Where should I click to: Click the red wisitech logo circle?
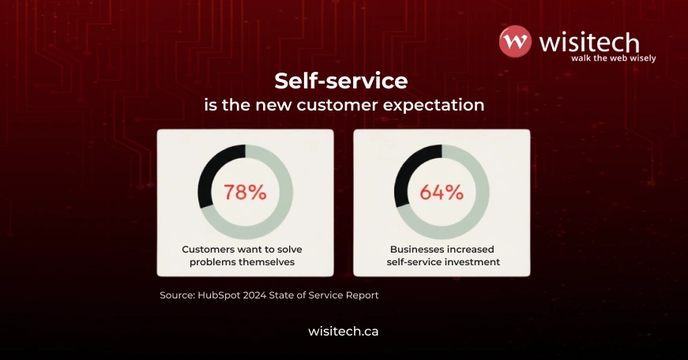click(x=515, y=42)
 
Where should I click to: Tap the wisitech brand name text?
click(x=588, y=41)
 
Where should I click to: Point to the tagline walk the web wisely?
click(x=613, y=58)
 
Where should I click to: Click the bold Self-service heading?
click(x=340, y=81)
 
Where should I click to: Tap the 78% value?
click(x=245, y=192)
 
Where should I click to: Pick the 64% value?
click(x=441, y=192)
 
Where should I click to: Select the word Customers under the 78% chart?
click(x=209, y=249)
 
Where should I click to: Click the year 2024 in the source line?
click(x=258, y=295)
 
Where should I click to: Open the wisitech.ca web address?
click(x=343, y=332)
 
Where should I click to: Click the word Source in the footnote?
click(x=177, y=295)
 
